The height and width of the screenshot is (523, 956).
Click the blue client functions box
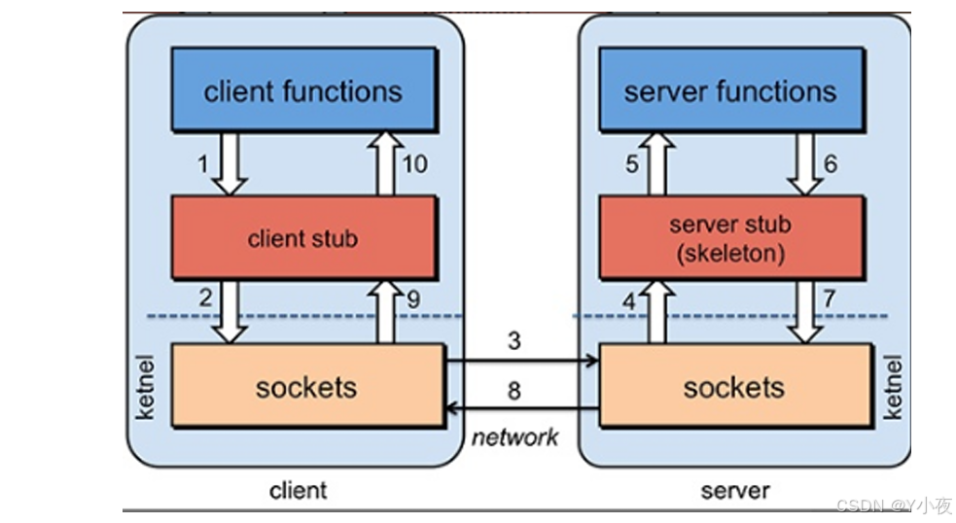pos(303,90)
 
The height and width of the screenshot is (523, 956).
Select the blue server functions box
pos(730,90)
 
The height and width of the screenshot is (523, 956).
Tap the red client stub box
pos(303,238)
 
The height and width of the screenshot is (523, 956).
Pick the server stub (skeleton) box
pos(730,237)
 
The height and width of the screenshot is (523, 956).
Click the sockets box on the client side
pos(306,386)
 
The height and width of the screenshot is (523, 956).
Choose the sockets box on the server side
pos(734,386)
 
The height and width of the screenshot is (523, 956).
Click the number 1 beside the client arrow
pos(203,164)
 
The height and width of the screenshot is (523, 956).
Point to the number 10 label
pos(413,164)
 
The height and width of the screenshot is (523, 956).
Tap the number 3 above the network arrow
pos(513,342)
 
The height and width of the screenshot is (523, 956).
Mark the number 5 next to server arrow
pos(631,164)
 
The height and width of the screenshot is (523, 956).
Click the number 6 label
pos(830,164)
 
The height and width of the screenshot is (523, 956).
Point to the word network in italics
pos(515,437)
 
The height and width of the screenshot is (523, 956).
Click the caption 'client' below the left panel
pos(298,490)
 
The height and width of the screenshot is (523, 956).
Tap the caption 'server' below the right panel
pos(735,490)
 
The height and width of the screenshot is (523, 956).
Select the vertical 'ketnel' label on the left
pos(146,387)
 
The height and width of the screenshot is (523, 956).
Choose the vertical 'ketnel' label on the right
pos(893,387)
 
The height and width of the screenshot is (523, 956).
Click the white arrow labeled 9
pos(386,311)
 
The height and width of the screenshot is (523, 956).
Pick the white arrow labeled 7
pos(804,311)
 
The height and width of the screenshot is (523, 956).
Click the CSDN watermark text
pos(893,506)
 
